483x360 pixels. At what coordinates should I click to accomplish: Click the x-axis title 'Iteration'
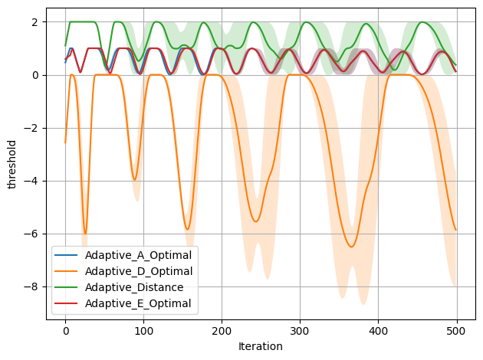point(261,346)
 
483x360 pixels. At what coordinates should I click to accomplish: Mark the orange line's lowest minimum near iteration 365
point(351,247)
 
